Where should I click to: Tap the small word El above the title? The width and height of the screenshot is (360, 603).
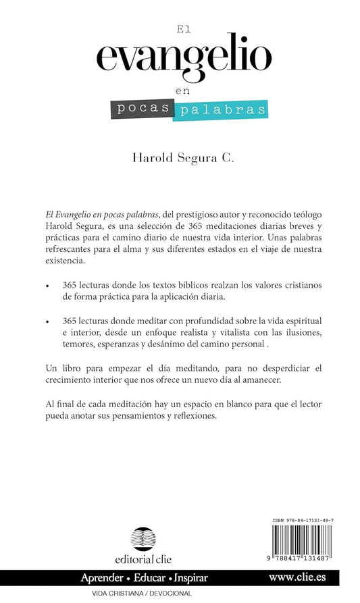(180, 29)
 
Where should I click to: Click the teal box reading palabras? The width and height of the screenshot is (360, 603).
(219, 110)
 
